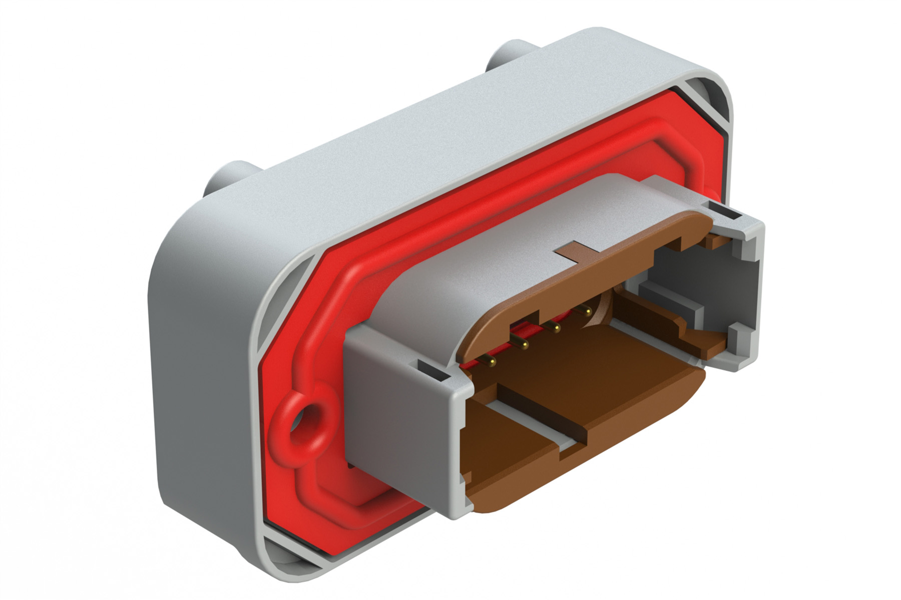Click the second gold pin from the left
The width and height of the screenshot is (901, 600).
(524, 345)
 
